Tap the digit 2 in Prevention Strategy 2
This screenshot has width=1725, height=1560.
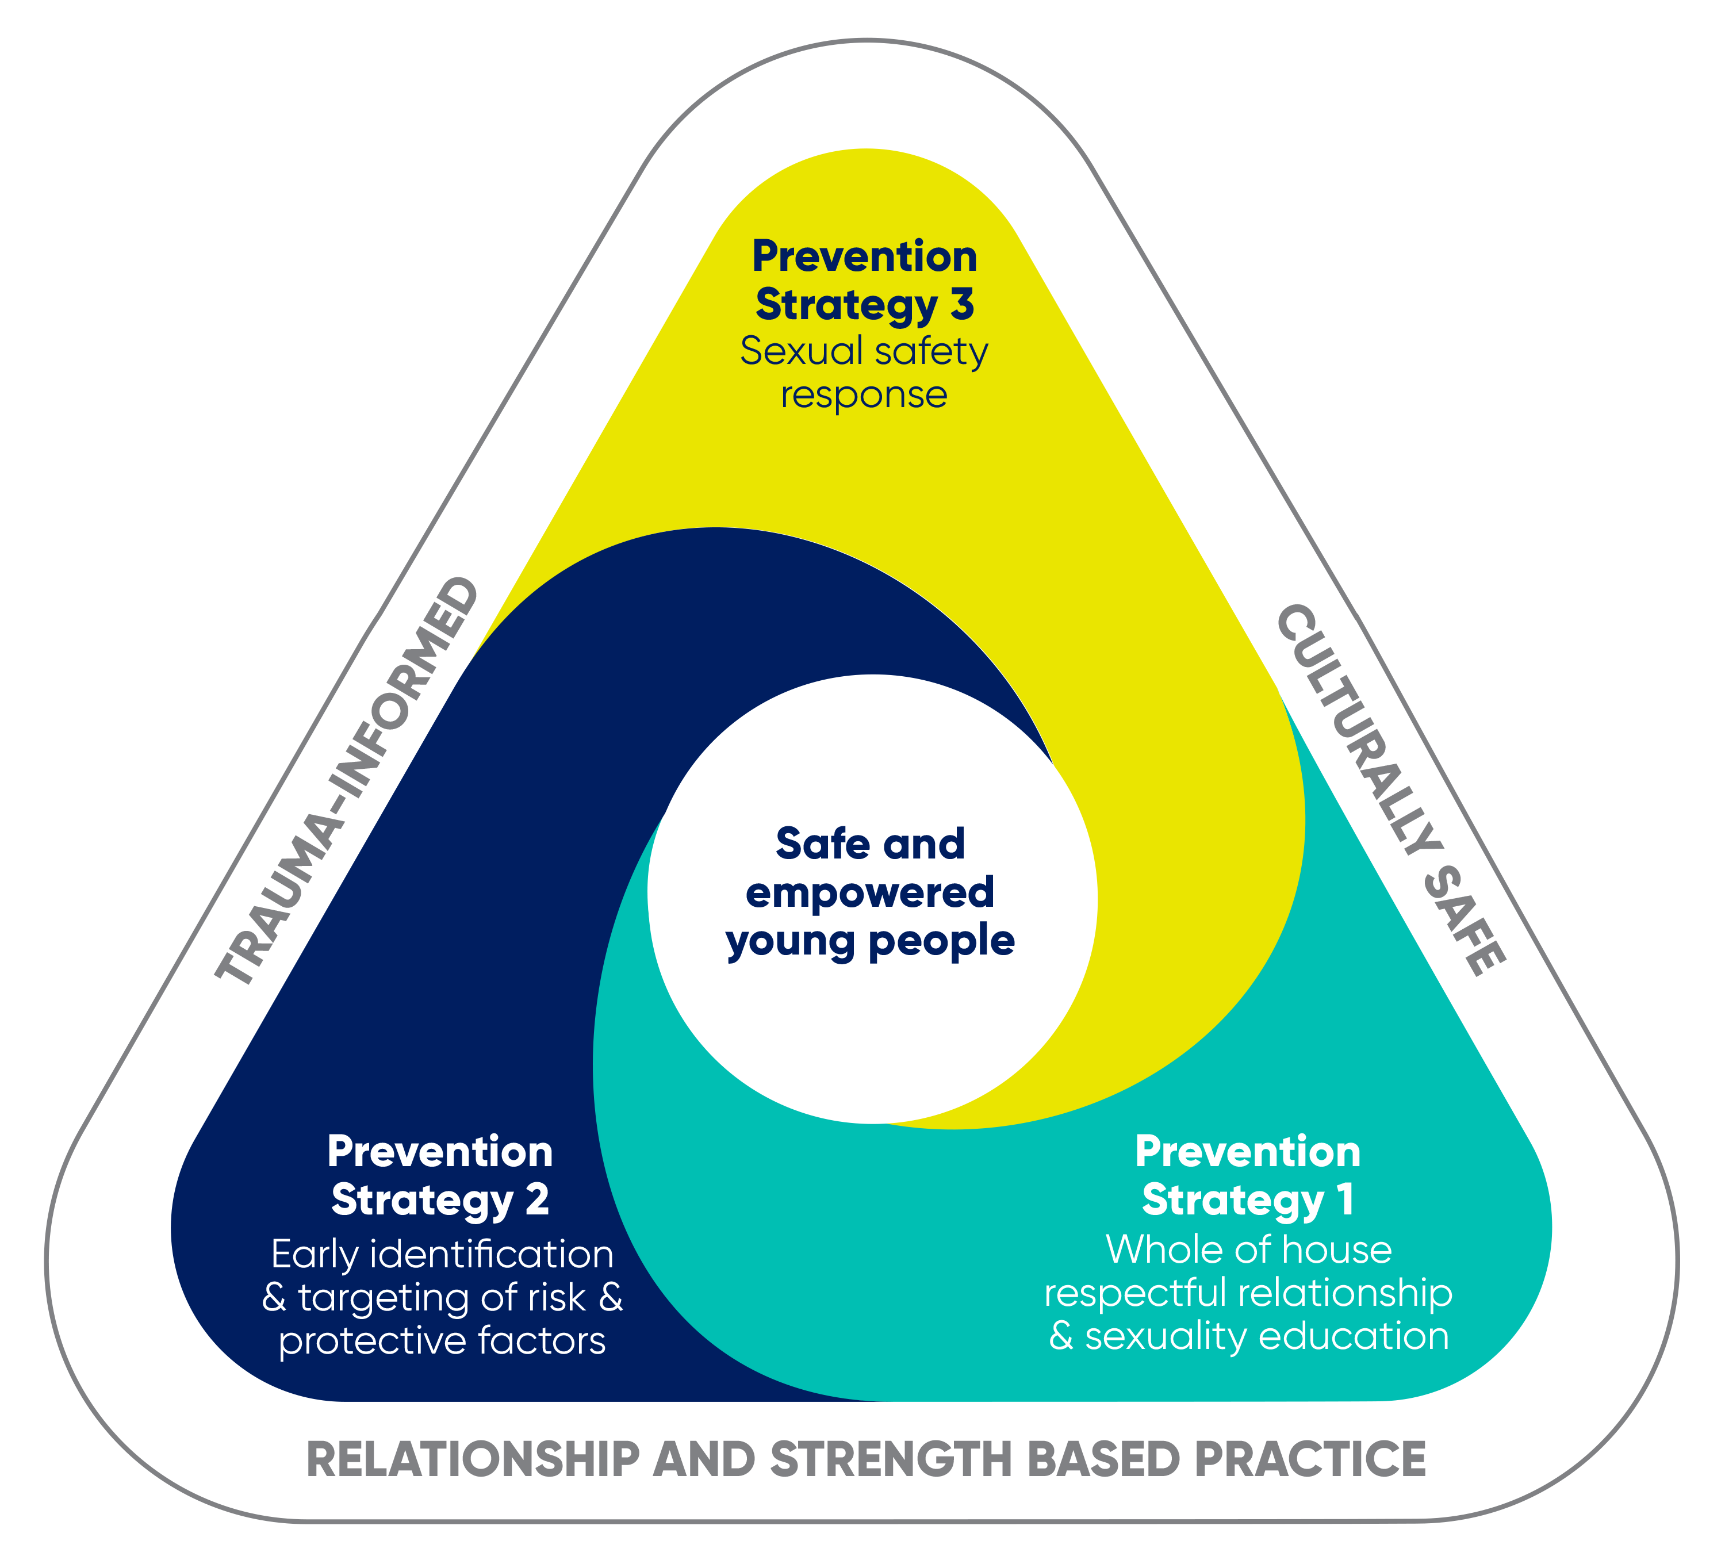tap(536, 1199)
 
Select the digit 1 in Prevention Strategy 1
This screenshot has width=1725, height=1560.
tap(1347, 1199)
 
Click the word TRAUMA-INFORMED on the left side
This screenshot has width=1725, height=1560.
tap(347, 780)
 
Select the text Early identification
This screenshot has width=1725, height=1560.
tap(442, 1255)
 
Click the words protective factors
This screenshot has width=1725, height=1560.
tap(442, 1341)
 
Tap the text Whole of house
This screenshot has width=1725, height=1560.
tap(1249, 1249)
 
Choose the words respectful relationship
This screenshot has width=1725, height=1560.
tap(1248, 1293)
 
